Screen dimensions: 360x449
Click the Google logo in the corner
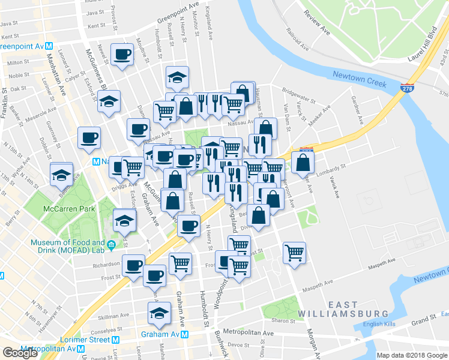click(x=20, y=353)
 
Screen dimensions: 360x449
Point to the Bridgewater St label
click(x=298, y=95)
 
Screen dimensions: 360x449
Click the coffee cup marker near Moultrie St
click(x=123, y=54)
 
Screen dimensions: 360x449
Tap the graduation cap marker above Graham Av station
click(x=159, y=313)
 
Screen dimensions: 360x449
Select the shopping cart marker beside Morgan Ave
click(x=294, y=253)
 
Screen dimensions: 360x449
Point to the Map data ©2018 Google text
click(x=412, y=355)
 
